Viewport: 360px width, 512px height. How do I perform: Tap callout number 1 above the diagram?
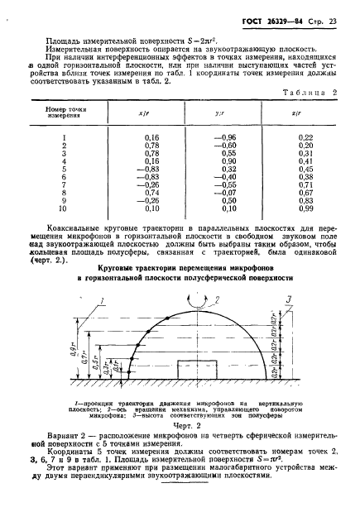pyautogui.click(x=100, y=299)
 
